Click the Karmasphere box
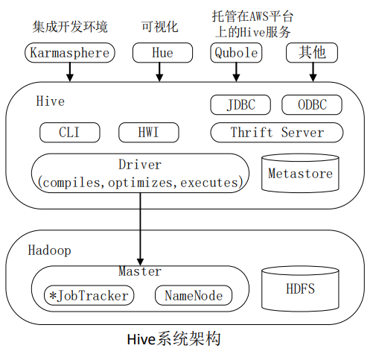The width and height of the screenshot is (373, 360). pyautogui.click(x=70, y=53)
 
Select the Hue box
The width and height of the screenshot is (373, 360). pyautogui.click(x=162, y=53)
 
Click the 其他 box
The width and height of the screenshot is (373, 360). pyautogui.click(x=311, y=53)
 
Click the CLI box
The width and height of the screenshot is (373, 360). pyautogui.click(x=69, y=133)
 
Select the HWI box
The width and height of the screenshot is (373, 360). pyautogui.click(x=148, y=133)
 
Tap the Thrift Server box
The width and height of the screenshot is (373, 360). pyautogui.click(x=277, y=133)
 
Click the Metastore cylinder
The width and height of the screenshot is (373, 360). pyautogui.click(x=300, y=174)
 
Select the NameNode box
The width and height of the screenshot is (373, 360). pyautogui.click(x=193, y=295)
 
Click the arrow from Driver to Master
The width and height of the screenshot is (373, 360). pyautogui.click(x=139, y=224)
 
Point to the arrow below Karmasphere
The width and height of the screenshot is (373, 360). pyautogui.click(x=70, y=72)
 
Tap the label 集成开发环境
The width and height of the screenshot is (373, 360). pyautogui.click(x=70, y=27)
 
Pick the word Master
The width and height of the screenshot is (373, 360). pyautogui.click(x=139, y=271)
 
